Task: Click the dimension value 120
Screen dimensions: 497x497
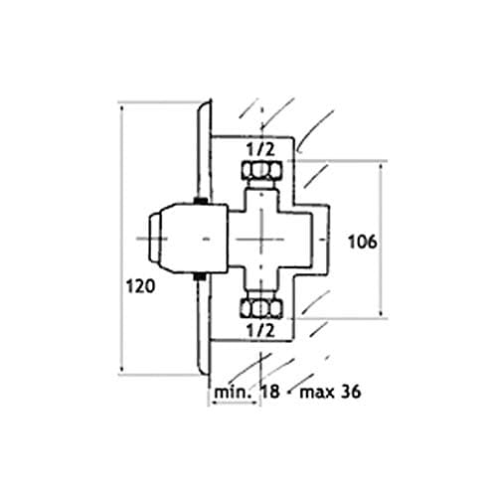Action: (x=141, y=286)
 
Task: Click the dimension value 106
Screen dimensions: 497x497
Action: (x=363, y=242)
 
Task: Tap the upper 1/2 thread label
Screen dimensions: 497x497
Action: (x=261, y=149)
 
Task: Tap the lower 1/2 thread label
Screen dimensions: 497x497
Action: (x=261, y=330)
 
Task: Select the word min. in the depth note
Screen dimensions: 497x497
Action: (x=232, y=393)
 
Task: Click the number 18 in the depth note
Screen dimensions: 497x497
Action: (x=271, y=392)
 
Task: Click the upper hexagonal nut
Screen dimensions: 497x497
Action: (x=262, y=170)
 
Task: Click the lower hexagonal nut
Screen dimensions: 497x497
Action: (x=262, y=308)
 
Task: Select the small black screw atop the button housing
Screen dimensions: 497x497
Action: (x=200, y=201)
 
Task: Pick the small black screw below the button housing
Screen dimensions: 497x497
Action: (x=200, y=277)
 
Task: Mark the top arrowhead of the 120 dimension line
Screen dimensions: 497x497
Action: (x=122, y=107)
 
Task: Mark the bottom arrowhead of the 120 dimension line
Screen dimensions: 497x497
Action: (x=122, y=369)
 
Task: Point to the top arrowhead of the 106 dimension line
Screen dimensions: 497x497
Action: (x=381, y=166)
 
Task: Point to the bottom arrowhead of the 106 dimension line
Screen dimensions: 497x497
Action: (x=381, y=313)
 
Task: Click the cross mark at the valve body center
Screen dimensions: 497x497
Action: (x=261, y=239)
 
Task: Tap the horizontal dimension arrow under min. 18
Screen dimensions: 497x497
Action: (x=235, y=403)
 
